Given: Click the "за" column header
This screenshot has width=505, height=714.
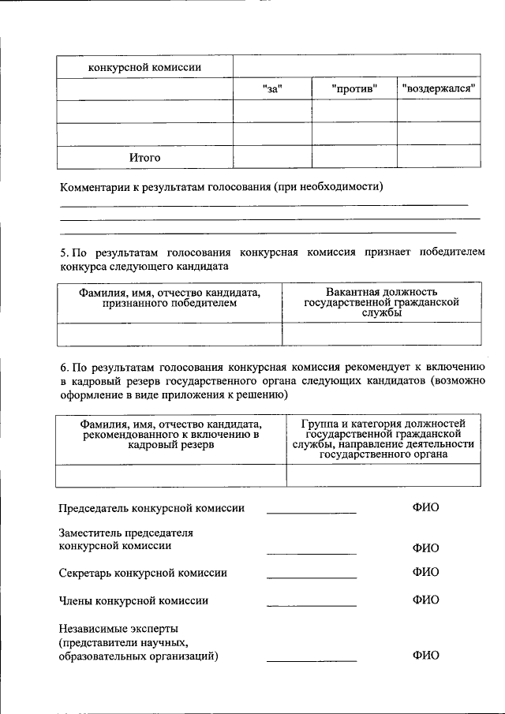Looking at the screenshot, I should pyautogui.click(x=272, y=88).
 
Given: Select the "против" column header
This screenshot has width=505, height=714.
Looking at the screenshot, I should pyautogui.click(x=354, y=88).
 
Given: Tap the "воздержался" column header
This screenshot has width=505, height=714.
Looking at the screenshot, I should pyautogui.click(x=439, y=88).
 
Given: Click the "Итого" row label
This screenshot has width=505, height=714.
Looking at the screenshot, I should pyautogui.click(x=144, y=158).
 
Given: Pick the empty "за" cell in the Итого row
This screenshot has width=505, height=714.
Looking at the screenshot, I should pyautogui.click(x=272, y=158).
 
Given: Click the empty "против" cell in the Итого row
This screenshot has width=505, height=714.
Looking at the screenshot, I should pyautogui.click(x=354, y=158).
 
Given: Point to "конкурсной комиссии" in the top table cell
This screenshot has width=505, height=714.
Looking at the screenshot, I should pyautogui.click(x=144, y=67).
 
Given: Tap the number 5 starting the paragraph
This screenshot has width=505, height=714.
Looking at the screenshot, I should pyautogui.click(x=63, y=252).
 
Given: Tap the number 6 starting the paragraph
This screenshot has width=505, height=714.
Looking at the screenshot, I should pyautogui.click(x=63, y=367).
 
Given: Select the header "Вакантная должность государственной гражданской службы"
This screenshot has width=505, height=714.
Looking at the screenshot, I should pyautogui.click(x=381, y=302).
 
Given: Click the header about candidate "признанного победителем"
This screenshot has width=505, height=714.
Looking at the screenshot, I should pyautogui.click(x=169, y=297).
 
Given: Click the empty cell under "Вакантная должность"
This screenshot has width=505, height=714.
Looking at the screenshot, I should pyautogui.click(x=381, y=335).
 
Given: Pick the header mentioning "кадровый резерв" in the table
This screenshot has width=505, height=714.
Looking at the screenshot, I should pyautogui.click(x=170, y=434).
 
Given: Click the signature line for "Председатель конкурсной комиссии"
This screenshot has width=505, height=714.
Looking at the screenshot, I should pyautogui.click(x=311, y=512).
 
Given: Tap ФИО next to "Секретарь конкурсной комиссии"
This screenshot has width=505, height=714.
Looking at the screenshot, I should pyautogui.click(x=425, y=571).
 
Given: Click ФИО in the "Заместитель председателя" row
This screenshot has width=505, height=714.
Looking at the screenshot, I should pyautogui.click(x=425, y=548).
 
